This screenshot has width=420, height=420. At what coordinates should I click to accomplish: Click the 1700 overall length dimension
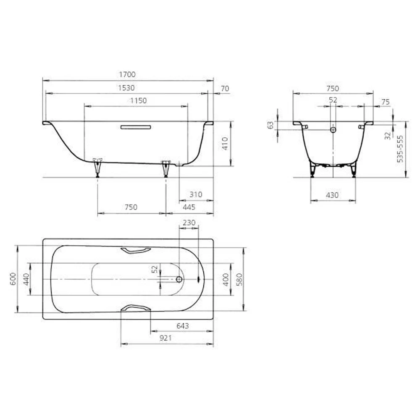click(128, 74)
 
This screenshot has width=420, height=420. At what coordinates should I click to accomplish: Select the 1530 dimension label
click(126, 88)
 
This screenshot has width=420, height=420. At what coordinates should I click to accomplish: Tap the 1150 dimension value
click(139, 100)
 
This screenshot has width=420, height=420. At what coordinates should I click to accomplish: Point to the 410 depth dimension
click(225, 144)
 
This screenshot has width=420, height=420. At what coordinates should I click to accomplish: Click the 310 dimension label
click(196, 194)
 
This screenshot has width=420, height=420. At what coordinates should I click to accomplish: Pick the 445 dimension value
click(189, 207)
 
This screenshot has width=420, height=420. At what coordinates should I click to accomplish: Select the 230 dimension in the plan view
click(189, 223)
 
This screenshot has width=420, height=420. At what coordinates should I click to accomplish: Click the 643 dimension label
click(183, 326)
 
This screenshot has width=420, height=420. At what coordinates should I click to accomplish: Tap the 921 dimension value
click(165, 338)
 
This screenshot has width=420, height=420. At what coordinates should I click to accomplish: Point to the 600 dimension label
click(13, 279)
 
